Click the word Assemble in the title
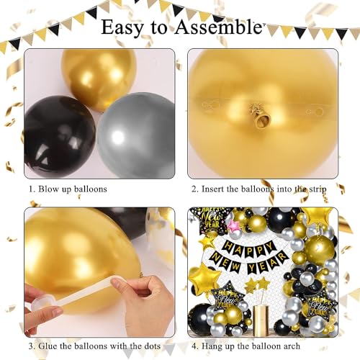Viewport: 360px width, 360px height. (218, 27)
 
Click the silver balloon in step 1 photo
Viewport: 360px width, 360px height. (137, 135)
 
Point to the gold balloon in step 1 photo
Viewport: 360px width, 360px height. (99, 78)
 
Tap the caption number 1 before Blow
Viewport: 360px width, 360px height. (32, 189)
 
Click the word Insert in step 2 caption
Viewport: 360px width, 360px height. (212, 189)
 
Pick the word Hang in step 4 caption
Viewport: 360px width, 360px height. (210, 346)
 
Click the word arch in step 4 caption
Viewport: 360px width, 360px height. (291, 346)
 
